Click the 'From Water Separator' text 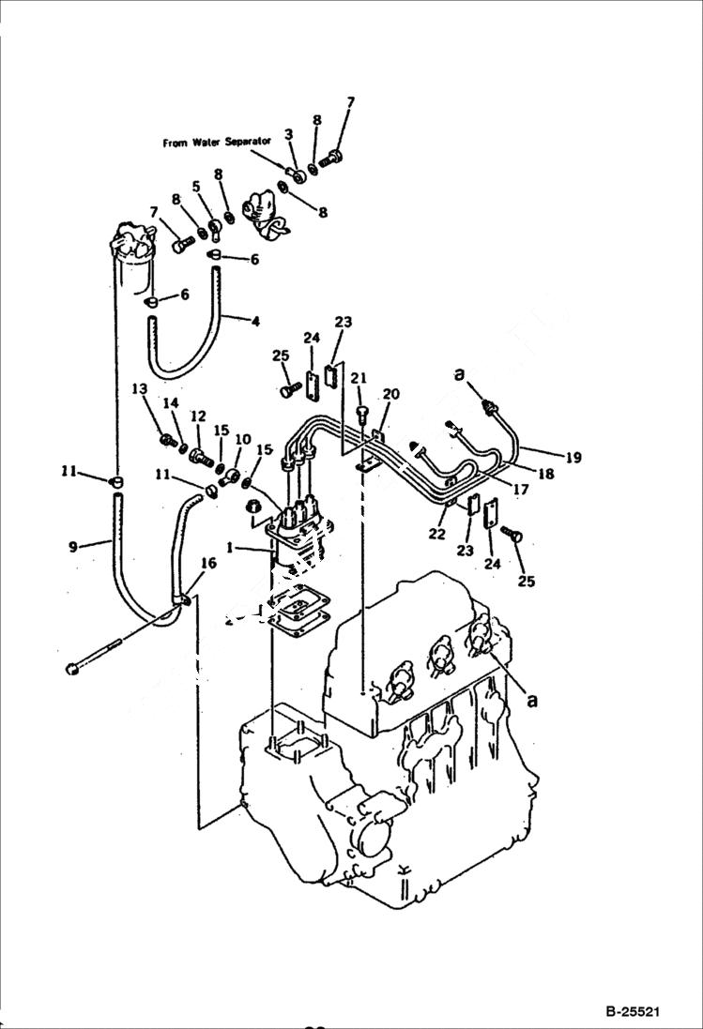[217, 143]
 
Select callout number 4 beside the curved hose [254, 321]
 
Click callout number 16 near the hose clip [208, 563]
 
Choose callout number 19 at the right [573, 458]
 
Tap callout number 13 [139, 389]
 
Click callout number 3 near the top [290, 135]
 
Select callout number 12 [198, 416]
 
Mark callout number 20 [390, 394]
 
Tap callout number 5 [196, 187]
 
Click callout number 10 [243, 439]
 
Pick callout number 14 [171, 402]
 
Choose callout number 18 [545, 475]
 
